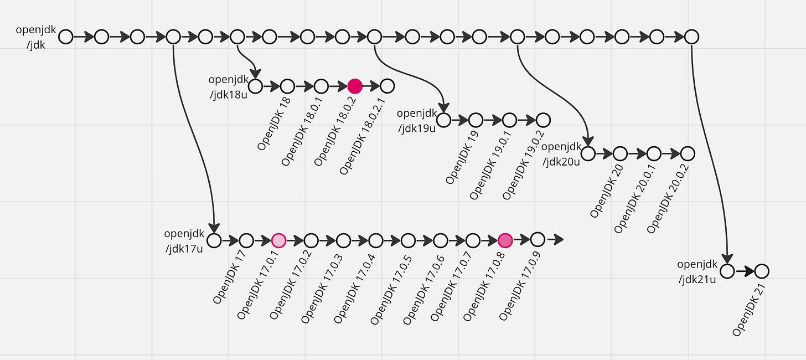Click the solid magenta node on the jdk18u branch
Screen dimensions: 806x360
[x=355, y=86]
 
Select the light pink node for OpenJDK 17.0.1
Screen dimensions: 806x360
[x=278, y=240]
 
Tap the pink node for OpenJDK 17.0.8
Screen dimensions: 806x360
[x=505, y=240]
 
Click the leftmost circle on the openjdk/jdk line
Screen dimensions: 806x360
[x=66, y=37]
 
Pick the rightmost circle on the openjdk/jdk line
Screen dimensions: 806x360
[x=691, y=37]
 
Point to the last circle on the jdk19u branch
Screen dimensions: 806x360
[x=543, y=120]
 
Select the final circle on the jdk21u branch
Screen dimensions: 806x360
[x=762, y=271]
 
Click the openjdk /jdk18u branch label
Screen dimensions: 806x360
[x=229, y=88]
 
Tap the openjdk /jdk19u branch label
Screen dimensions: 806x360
[x=417, y=121]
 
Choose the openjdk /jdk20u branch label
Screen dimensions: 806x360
[x=561, y=154]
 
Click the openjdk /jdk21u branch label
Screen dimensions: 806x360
[x=697, y=272]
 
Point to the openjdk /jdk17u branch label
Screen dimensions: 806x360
[x=184, y=241]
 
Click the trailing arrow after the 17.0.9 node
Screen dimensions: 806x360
[x=555, y=240]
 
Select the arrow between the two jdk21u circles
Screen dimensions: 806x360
[x=745, y=271]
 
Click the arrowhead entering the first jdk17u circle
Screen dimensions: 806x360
[x=214, y=227]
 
